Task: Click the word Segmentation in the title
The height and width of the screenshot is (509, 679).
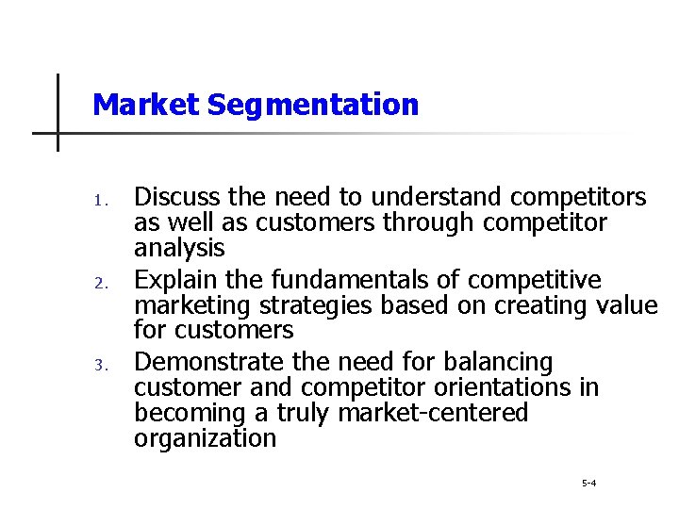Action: pyautogui.click(x=313, y=105)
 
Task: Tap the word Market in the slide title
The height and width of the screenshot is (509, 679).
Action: pyautogui.click(x=146, y=104)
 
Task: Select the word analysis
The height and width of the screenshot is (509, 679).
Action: pyautogui.click(x=179, y=248)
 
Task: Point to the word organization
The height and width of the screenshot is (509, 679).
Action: pyautogui.click(x=205, y=438)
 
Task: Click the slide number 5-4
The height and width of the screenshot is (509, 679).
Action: pyautogui.click(x=588, y=484)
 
